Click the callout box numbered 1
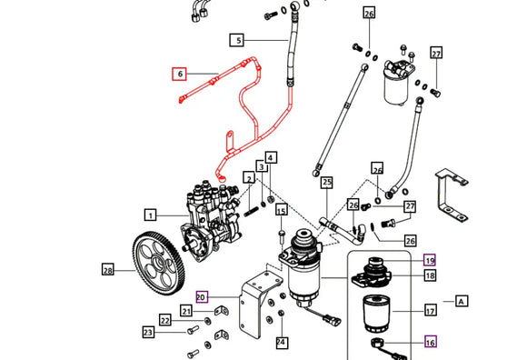point(151,215)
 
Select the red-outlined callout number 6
point(179,74)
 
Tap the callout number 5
point(236,40)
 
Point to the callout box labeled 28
point(108,269)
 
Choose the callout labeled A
point(462,301)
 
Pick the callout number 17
point(430,310)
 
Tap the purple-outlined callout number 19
point(430,260)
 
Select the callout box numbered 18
point(430,275)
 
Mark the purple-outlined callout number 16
point(430,342)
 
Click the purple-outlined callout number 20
point(201,295)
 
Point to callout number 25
point(327,183)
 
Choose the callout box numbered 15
point(281,211)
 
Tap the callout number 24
point(281,342)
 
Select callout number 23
point(148,332)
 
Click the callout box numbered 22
point(164,319)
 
